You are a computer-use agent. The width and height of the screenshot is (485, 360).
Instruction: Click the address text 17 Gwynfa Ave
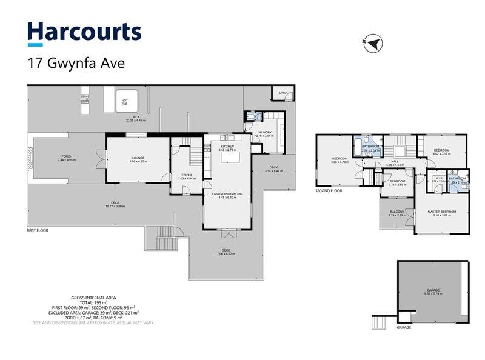(76, 62)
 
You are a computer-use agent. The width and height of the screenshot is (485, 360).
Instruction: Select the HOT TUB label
(124, 101)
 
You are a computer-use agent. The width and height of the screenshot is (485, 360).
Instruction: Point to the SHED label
(283, 93)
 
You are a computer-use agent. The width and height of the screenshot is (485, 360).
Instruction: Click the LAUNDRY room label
(264, 132)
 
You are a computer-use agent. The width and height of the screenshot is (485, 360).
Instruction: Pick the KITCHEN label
(227, 147)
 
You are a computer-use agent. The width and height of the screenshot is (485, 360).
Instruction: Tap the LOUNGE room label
(136, 158)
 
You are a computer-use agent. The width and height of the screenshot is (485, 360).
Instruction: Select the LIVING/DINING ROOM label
(230, 193)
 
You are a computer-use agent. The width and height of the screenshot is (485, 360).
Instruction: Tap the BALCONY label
(397, 211)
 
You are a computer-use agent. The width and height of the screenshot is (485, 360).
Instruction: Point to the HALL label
(398, 161)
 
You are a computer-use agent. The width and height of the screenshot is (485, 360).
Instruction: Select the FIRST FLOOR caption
(38, 231)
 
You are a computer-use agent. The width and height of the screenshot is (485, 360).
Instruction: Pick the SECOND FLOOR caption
(329, 190)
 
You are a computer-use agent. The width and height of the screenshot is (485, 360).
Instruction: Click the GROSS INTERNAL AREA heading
(94, 298)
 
